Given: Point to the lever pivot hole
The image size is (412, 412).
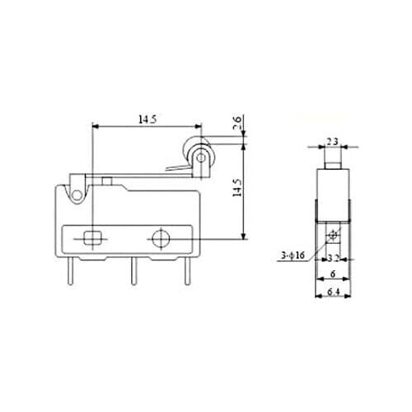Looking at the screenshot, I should click(x=77, y=194).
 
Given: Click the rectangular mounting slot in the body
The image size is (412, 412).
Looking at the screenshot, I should click(x=91, y=238).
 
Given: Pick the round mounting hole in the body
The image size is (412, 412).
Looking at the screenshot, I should click(x=159, y=238).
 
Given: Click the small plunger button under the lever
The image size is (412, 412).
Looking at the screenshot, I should click(x=108, y=179).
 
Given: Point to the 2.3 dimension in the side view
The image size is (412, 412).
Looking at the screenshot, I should click(x=333, y=141).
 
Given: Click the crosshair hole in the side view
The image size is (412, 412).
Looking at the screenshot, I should click(x=333, y=237).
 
